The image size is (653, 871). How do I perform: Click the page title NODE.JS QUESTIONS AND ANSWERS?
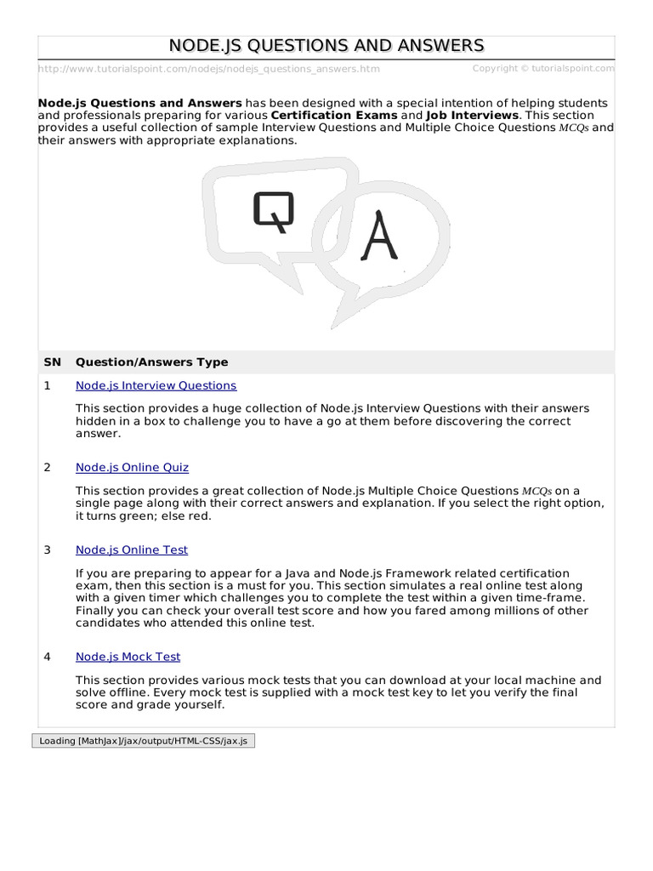(x=326, y=46)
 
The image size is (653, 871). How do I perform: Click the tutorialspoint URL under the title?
(x=209, y=69)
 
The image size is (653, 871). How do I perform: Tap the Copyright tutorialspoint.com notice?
(x=543, y=68)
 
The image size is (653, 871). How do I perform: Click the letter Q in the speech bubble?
(x=273, y=211)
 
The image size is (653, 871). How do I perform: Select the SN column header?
(x=53, y=361)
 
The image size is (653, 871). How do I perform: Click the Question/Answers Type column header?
(x=151, y=361)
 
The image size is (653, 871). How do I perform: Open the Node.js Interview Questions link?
(x=156, y=385)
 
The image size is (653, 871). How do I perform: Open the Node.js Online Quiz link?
(x=132, y=467)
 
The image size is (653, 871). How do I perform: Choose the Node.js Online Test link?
(x=132, y=549)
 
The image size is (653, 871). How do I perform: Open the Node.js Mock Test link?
(x=128, y=657)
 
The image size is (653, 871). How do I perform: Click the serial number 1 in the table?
(x=48, y=385)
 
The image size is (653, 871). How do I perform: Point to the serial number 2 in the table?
(x=48, y=467)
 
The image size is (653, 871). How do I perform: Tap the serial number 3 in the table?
(x=48, y=549)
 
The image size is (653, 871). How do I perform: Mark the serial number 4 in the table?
(x=48, y=657)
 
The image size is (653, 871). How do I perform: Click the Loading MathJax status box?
(x=143, y=741)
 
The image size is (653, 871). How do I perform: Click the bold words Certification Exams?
(x=333, y=115)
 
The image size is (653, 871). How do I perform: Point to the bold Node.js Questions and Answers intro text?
(x=140, y=102)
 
